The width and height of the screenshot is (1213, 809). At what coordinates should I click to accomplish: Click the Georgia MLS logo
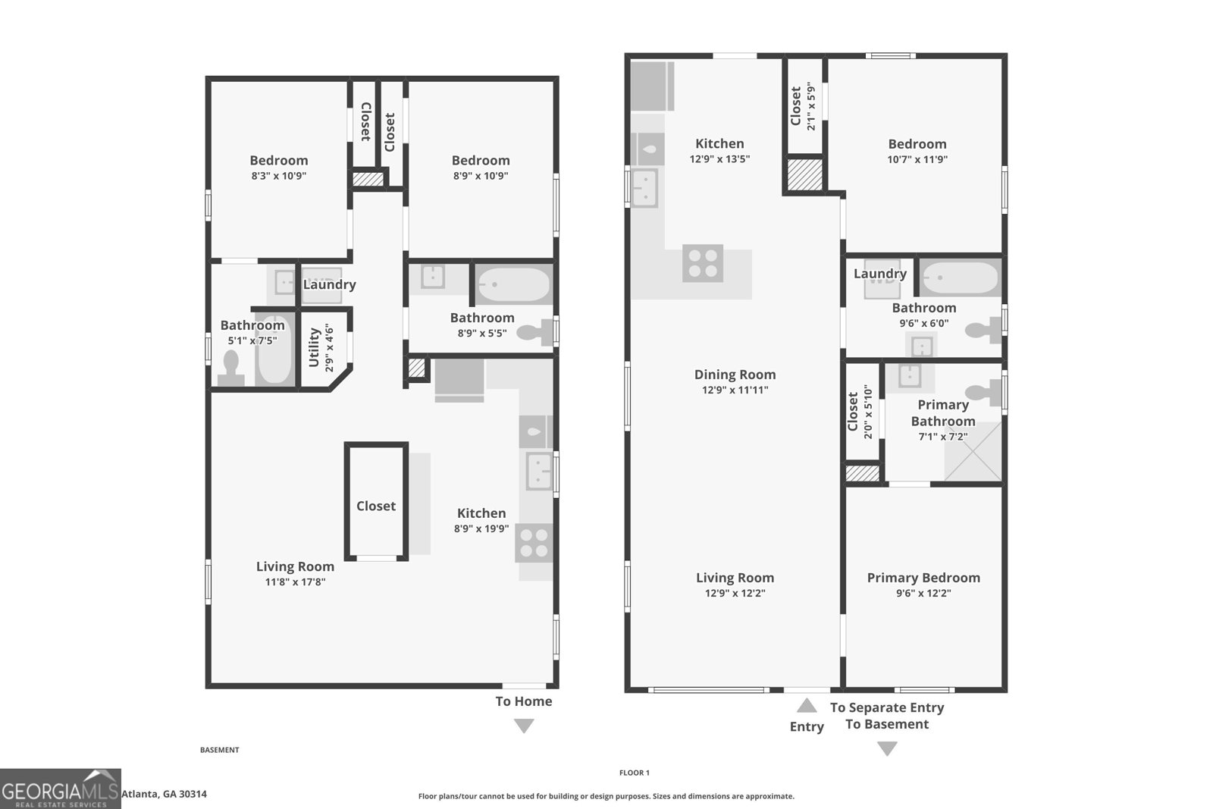pyautogui.click(x=60, y=789)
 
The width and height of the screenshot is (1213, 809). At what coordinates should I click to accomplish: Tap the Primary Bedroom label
pyautogui.click(x=923, y=578)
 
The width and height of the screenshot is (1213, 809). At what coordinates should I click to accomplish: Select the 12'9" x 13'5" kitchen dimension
pyautogui.click(x=719, y=159)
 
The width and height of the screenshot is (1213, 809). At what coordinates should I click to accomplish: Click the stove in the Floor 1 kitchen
pyautogui.click(x=703, y=263)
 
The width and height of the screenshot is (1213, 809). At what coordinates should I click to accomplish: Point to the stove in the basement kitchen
pyautogui.click(x=534, y=544)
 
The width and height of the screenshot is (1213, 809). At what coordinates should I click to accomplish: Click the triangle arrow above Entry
pyautogui.click(x=807, y=706)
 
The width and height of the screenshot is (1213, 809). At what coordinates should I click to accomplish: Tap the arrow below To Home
pyautogui.click(x=524, y=726)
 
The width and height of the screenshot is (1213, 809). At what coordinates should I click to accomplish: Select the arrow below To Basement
pyautogui.click(x=887, y=748)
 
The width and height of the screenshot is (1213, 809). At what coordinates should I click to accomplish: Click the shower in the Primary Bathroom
pyautogui.click(x=973, y=452)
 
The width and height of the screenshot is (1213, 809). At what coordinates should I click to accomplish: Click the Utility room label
pyautogui.click(x=315, y=347)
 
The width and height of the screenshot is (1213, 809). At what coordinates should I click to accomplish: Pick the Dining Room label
pyautogui.click(x=735, y=375)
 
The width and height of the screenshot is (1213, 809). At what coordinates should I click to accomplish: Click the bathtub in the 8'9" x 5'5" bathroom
pyautogui.click(x=513, y=285)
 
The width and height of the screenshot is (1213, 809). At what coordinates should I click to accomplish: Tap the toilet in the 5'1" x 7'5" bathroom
pyautogui.click(x=230, y=368)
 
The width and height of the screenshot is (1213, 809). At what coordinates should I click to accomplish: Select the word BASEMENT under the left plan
pyautogui.click(x=219, y=750)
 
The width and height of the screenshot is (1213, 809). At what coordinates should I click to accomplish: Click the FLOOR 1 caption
pyautogui.click(x=634, y=773)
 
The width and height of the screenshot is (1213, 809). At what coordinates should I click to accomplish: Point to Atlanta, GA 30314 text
pyautogui.click(x=164, y=794)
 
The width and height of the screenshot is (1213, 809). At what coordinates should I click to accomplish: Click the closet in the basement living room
pyautogui.click(x=376, y=506)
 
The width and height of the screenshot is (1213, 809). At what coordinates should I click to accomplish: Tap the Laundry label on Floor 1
pyautogui.click(x=879, y=274)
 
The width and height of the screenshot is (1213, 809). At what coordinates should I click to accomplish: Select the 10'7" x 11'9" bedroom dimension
pyautogui.click(x=917, y=159)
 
